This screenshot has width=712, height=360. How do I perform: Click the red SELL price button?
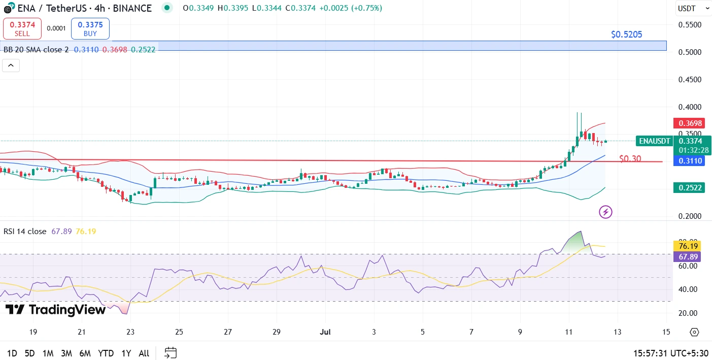(22, 29)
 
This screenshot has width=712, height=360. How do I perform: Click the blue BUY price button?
(90, 29)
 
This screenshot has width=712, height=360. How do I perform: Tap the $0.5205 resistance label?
(626, 35)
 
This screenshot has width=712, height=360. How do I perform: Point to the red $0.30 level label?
(630, 159)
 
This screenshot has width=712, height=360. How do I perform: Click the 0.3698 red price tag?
(688, 123)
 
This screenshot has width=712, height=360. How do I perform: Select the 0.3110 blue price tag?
(688, 161)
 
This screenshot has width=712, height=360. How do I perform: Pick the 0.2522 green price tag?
(688, 188)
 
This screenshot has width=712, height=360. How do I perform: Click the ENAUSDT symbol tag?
(655, 141)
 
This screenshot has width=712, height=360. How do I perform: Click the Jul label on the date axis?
(326, 332)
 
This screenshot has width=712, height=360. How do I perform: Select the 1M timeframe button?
(48, 353)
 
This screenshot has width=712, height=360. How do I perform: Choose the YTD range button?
(106, 353)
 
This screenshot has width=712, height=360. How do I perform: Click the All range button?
(144, 353)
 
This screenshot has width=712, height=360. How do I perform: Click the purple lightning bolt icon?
(605, 212)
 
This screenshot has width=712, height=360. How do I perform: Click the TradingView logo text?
(55, 310)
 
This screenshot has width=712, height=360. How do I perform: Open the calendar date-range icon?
(171, 352)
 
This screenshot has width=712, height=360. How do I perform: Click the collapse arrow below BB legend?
(11, 66)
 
